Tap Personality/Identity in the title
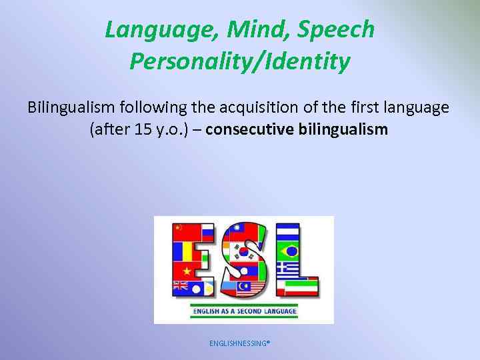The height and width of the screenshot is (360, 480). pos(240,61)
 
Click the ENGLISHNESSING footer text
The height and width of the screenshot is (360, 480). pos(239,343)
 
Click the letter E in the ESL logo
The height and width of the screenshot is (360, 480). pos(193,260)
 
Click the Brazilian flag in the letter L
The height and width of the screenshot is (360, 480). pos(291,253)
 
